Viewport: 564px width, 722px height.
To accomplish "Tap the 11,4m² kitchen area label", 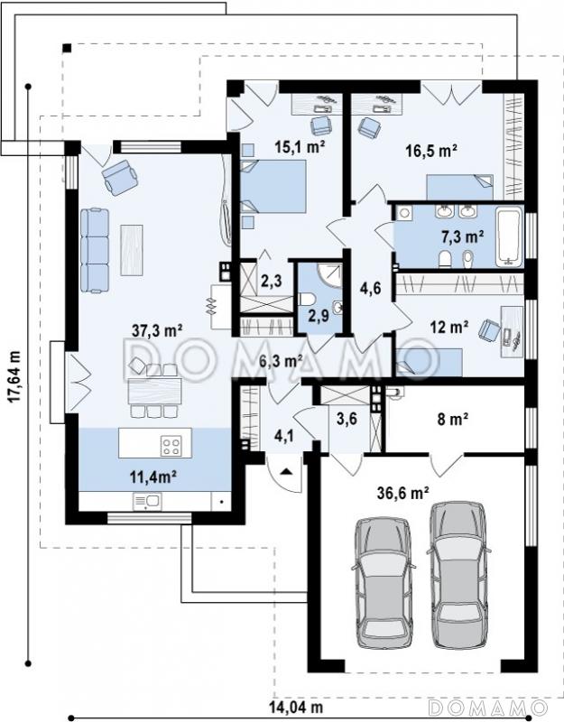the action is point(153,477).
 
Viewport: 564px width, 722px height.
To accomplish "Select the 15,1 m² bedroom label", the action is point(300,147).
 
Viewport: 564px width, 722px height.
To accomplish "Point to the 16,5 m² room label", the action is point(431,150).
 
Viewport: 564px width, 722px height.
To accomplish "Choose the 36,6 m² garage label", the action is point(403,493).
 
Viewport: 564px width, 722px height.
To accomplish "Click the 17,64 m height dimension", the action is point(15,377).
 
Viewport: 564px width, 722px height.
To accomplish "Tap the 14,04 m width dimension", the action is point(295,707).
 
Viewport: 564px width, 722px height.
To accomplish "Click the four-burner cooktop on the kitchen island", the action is point(171,446).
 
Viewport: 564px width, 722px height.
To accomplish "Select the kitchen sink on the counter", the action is point(147,502).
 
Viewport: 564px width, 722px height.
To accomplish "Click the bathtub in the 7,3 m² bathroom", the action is point(509,236).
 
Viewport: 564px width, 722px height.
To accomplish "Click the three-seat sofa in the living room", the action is point(95,250).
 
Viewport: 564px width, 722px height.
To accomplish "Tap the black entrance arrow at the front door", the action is point(286,471).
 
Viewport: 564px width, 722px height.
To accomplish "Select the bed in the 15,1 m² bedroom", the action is point(273,186).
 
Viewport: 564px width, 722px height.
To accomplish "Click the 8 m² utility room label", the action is point(453,419).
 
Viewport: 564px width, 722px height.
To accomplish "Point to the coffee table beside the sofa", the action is point(132,250).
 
